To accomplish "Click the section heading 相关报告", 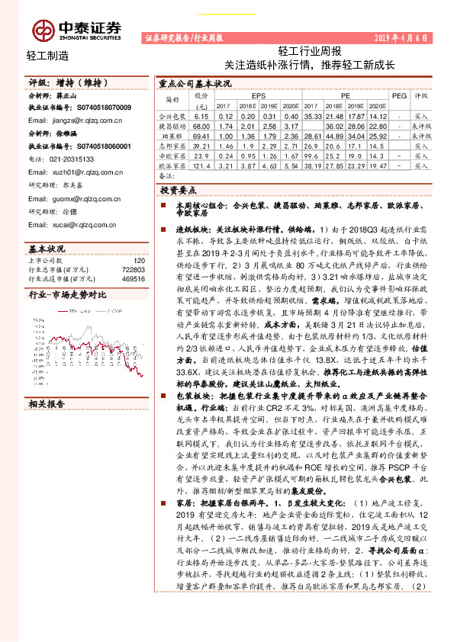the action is click(47, 403).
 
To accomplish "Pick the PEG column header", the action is click(399, 97).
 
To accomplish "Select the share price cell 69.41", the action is click(201, 135).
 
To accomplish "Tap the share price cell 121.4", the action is click(201, 165).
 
